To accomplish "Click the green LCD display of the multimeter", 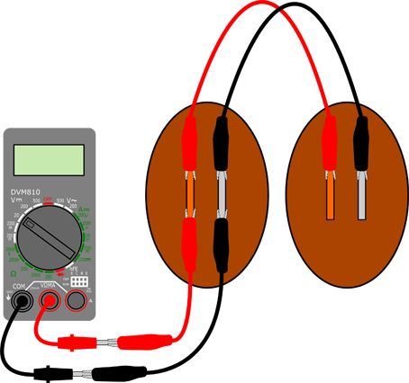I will [x=49, y=160].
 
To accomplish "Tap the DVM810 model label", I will [x=29, y=191].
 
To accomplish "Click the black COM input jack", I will [x=18, y=302].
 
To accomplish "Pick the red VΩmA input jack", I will [x=49, y=302].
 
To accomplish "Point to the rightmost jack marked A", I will [x=77, y=302].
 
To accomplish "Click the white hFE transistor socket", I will [x=78, y=281].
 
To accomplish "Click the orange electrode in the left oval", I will [x=191, y=193].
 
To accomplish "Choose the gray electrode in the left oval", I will [x=222, y=193].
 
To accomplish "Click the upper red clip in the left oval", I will [x=190, y=141].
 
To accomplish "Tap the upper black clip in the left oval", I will [x=222, y=141].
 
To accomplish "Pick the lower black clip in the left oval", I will [x=222, y=243].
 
